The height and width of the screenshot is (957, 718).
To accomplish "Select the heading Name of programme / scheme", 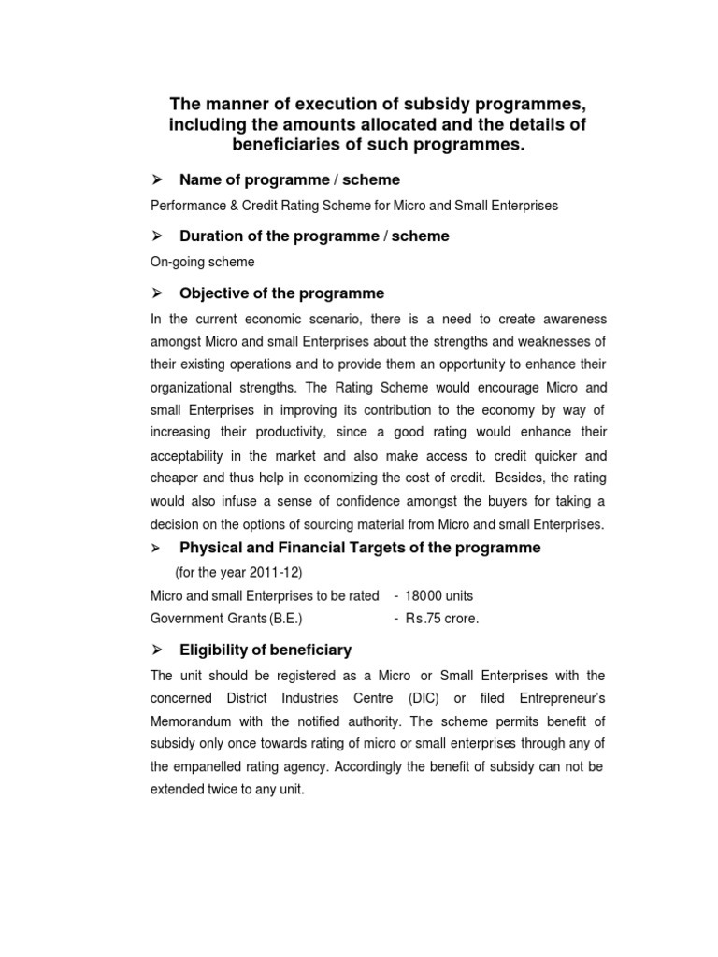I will (x=290, y=179).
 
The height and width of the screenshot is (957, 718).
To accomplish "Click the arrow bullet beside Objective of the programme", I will (x=158, y=293).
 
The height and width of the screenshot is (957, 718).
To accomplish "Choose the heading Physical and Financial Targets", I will (x=359, y=548).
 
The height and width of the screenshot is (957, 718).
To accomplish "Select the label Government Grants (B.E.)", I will (x=226, y=618).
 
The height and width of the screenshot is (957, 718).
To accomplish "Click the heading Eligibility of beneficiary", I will (x=265, y=650).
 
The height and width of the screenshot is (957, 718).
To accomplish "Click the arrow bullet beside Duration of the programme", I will (x=158, y=236).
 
